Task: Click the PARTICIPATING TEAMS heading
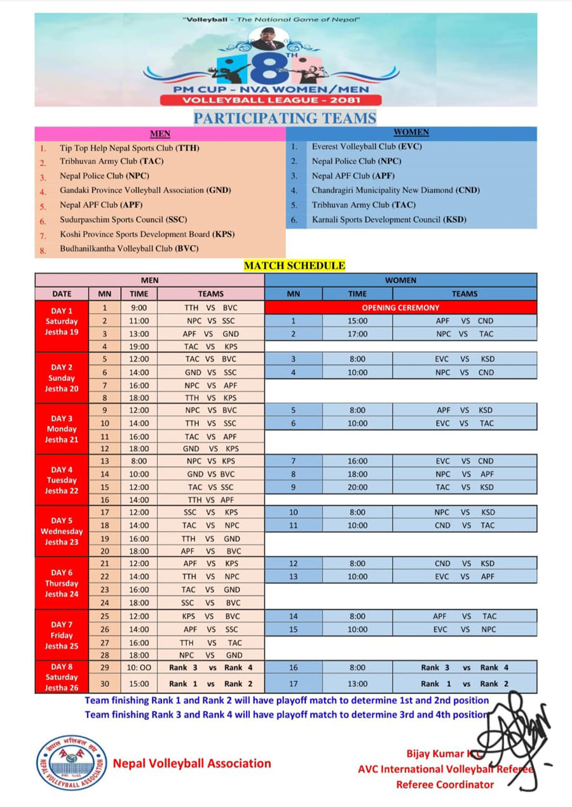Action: [285, 118]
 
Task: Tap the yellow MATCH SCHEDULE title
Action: [295, 266]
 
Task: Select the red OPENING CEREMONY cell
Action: [400, 308]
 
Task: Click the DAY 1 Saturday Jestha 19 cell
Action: [62, 321]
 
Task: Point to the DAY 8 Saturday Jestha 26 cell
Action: [62, 677]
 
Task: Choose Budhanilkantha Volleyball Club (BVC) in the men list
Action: [129, 248]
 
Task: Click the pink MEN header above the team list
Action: [160, 134]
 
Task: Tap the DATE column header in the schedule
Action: [62, 294]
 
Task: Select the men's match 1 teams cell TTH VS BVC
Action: [210, 308]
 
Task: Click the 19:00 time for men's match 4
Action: [139, 346]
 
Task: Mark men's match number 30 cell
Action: [104, 684]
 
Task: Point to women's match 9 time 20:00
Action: [357, 487]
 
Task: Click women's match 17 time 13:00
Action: [357, 684]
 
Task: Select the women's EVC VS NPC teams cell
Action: [465, 629]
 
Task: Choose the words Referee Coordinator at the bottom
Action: [444, 784]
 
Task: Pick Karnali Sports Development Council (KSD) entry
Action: [389, 220]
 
